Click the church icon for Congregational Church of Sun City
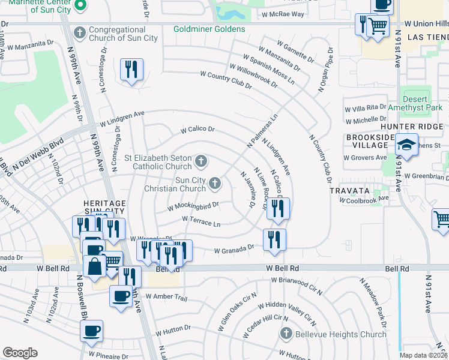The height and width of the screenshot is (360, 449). pos(79,32)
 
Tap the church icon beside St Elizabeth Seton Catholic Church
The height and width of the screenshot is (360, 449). pos(202,160)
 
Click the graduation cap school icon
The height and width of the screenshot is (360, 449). pos(406,145)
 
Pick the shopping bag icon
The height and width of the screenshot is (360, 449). pos(95,266)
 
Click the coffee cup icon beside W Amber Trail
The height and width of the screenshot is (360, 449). pos(121,296)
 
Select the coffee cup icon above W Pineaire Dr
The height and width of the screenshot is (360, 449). pos(91,331)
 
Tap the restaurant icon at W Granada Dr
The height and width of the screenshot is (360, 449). pos(274,239)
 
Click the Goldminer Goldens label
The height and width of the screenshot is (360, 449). pos(209,29)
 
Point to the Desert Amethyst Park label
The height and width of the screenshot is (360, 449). pos(415,103)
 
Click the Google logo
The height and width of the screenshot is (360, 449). pos(20,353)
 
